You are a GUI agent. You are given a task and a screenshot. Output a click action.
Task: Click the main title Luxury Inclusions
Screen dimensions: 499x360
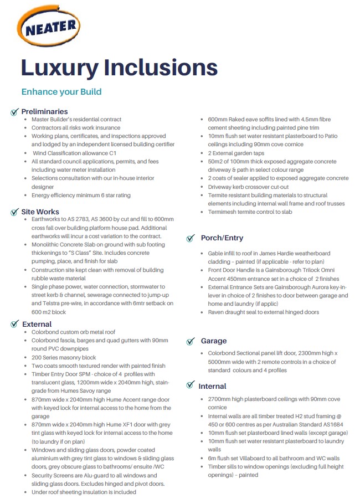click(x=119, y=67)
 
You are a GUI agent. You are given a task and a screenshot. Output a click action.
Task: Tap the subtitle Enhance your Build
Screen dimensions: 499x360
click(x=61, y=91)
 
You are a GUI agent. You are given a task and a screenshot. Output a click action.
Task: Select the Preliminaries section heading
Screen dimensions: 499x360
click(x=44, y=111)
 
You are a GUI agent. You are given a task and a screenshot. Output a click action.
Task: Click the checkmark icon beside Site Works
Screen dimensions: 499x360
click(x=14, y=212)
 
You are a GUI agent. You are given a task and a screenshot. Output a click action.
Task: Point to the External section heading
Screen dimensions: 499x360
click(x=37, y=324)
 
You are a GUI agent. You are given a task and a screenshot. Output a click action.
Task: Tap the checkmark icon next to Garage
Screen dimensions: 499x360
click(x=191, y=341)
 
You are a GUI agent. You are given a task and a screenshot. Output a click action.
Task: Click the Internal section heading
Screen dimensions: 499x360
click(x=213, y=386)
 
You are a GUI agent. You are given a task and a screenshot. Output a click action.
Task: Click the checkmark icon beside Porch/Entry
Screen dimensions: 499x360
click(x=191, y=238)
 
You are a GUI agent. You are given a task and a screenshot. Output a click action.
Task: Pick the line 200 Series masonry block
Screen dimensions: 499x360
click(x=64, y=357)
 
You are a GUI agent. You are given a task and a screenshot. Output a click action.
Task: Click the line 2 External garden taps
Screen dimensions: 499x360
click(x=236, y=153)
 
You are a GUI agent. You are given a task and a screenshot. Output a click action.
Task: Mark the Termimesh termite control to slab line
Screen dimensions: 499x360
click(x=250, y=212)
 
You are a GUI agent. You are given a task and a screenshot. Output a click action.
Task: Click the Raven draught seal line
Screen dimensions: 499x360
click(x=264, y=312)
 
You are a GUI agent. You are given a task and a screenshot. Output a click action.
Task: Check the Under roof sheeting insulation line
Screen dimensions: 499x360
click(x=84, y=492)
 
